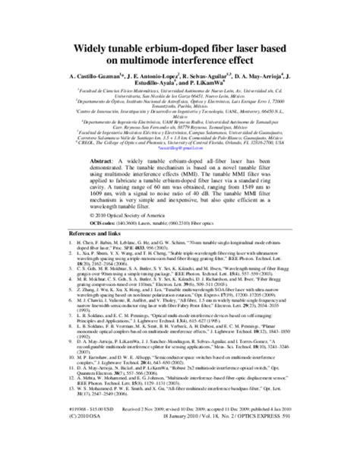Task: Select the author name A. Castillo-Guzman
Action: pos(72,78)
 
